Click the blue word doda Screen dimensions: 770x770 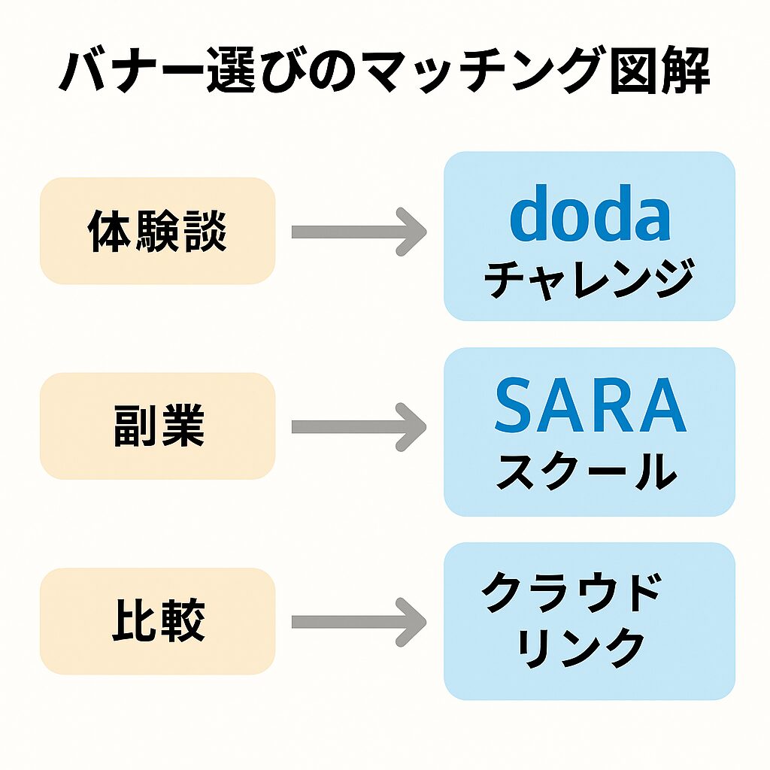(x=590, y=214)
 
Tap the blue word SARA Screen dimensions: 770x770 (x=590, y=405)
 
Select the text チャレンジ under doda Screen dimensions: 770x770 (x=590, y=278)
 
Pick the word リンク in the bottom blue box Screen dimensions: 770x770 (x=581, y=647)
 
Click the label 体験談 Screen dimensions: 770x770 (x=157, y=232)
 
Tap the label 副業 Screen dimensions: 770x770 (x=159, y=426)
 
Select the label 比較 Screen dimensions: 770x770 (x=159, y=620)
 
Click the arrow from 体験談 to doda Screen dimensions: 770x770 (x=359, y=232)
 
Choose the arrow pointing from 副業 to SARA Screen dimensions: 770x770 (x=359, y=427)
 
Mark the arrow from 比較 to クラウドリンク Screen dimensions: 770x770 (x=359, y=622)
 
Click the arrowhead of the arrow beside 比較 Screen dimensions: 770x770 (x=411, y=622)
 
